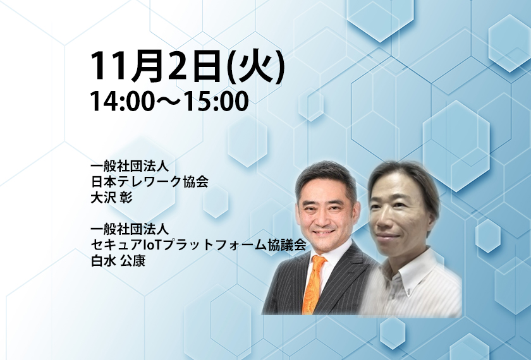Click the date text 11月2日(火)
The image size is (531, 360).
[x=187, y=66]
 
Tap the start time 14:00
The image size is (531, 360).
[x=122, y=101]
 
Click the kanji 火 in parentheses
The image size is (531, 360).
[x=255, y=66]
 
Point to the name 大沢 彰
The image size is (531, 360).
[x=111, y=198]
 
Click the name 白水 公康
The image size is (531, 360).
[x=118, y=260]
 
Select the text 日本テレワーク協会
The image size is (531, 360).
[x=149, y=182]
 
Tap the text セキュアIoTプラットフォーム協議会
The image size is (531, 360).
[x=198, y=244]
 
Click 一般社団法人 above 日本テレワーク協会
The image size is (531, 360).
[x=130, y=166]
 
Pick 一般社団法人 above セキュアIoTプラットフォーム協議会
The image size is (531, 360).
[x=130, y=229]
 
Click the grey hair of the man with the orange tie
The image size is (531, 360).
[x=325, y=177]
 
